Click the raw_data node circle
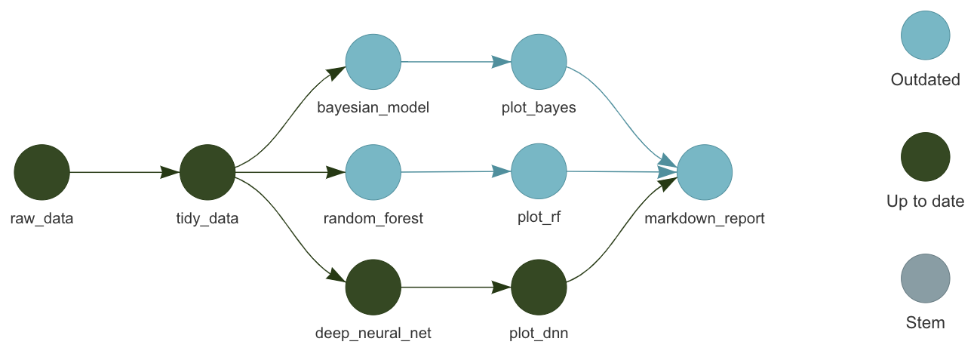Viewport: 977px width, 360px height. (41, 172)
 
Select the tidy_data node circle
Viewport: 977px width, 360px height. (207, 172)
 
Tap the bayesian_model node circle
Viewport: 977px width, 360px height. (373, 61)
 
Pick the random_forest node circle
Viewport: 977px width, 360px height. (373, 172)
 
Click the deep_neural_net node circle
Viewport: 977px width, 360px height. (373, 288)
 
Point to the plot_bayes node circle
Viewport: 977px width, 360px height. (539, 61)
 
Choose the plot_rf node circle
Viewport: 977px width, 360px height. (539, 172)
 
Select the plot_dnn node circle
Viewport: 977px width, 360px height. (539, 288)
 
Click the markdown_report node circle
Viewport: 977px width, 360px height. (705, 172)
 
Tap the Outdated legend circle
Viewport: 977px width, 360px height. (925, 35)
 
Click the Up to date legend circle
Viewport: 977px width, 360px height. (925, 157)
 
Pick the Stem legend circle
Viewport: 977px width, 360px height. (925, 278)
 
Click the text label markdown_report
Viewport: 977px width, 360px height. (705, 219)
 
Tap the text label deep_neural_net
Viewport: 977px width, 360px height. (373, 333)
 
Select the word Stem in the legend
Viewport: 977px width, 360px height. (925, 323)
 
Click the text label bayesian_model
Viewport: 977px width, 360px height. (373, 107)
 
